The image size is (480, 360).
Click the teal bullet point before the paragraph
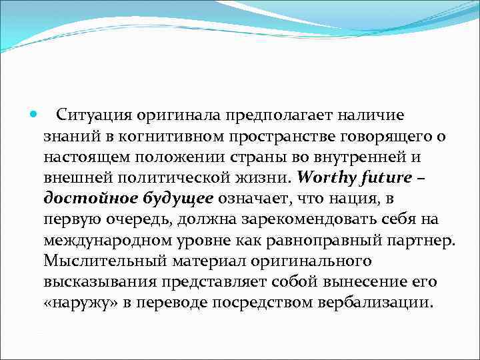pyautogui.click(x=35, y=115)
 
